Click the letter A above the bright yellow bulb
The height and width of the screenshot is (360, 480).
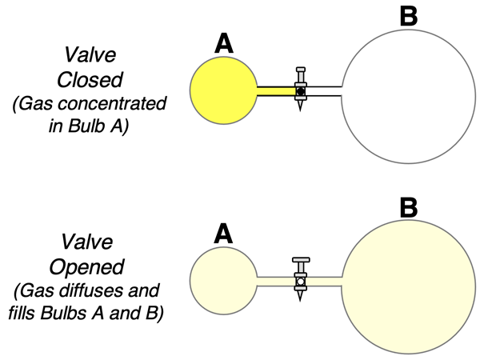(225, 45)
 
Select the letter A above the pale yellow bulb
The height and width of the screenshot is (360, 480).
(224, 233)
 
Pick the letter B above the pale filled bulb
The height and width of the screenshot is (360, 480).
(408, 208)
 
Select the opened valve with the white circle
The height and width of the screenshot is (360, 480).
(301, 281)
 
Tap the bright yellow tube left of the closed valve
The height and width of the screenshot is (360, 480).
(274, 90)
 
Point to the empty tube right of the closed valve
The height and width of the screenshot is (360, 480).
(325, 90)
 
